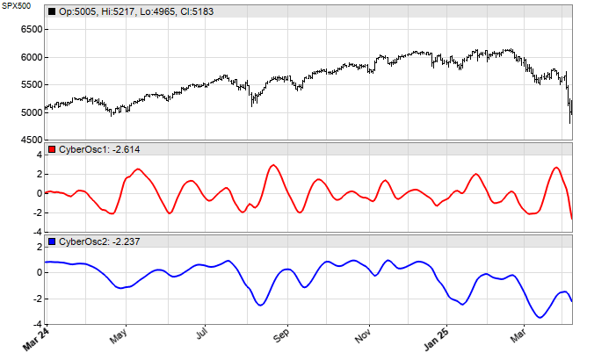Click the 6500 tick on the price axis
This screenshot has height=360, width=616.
pos(30,29)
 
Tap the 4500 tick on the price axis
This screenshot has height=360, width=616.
pos(30,140)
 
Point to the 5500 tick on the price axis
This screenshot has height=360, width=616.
pos(30,84)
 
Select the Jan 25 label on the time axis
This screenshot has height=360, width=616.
pos(437,338)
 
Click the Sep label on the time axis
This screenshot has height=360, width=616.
pos(281,335)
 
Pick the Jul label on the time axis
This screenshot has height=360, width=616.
pos(201,335)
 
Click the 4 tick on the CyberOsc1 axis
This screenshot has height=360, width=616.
pos(40,155)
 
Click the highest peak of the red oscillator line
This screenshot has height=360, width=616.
pos(273,165)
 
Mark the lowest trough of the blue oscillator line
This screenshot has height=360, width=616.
pos(540,317)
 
